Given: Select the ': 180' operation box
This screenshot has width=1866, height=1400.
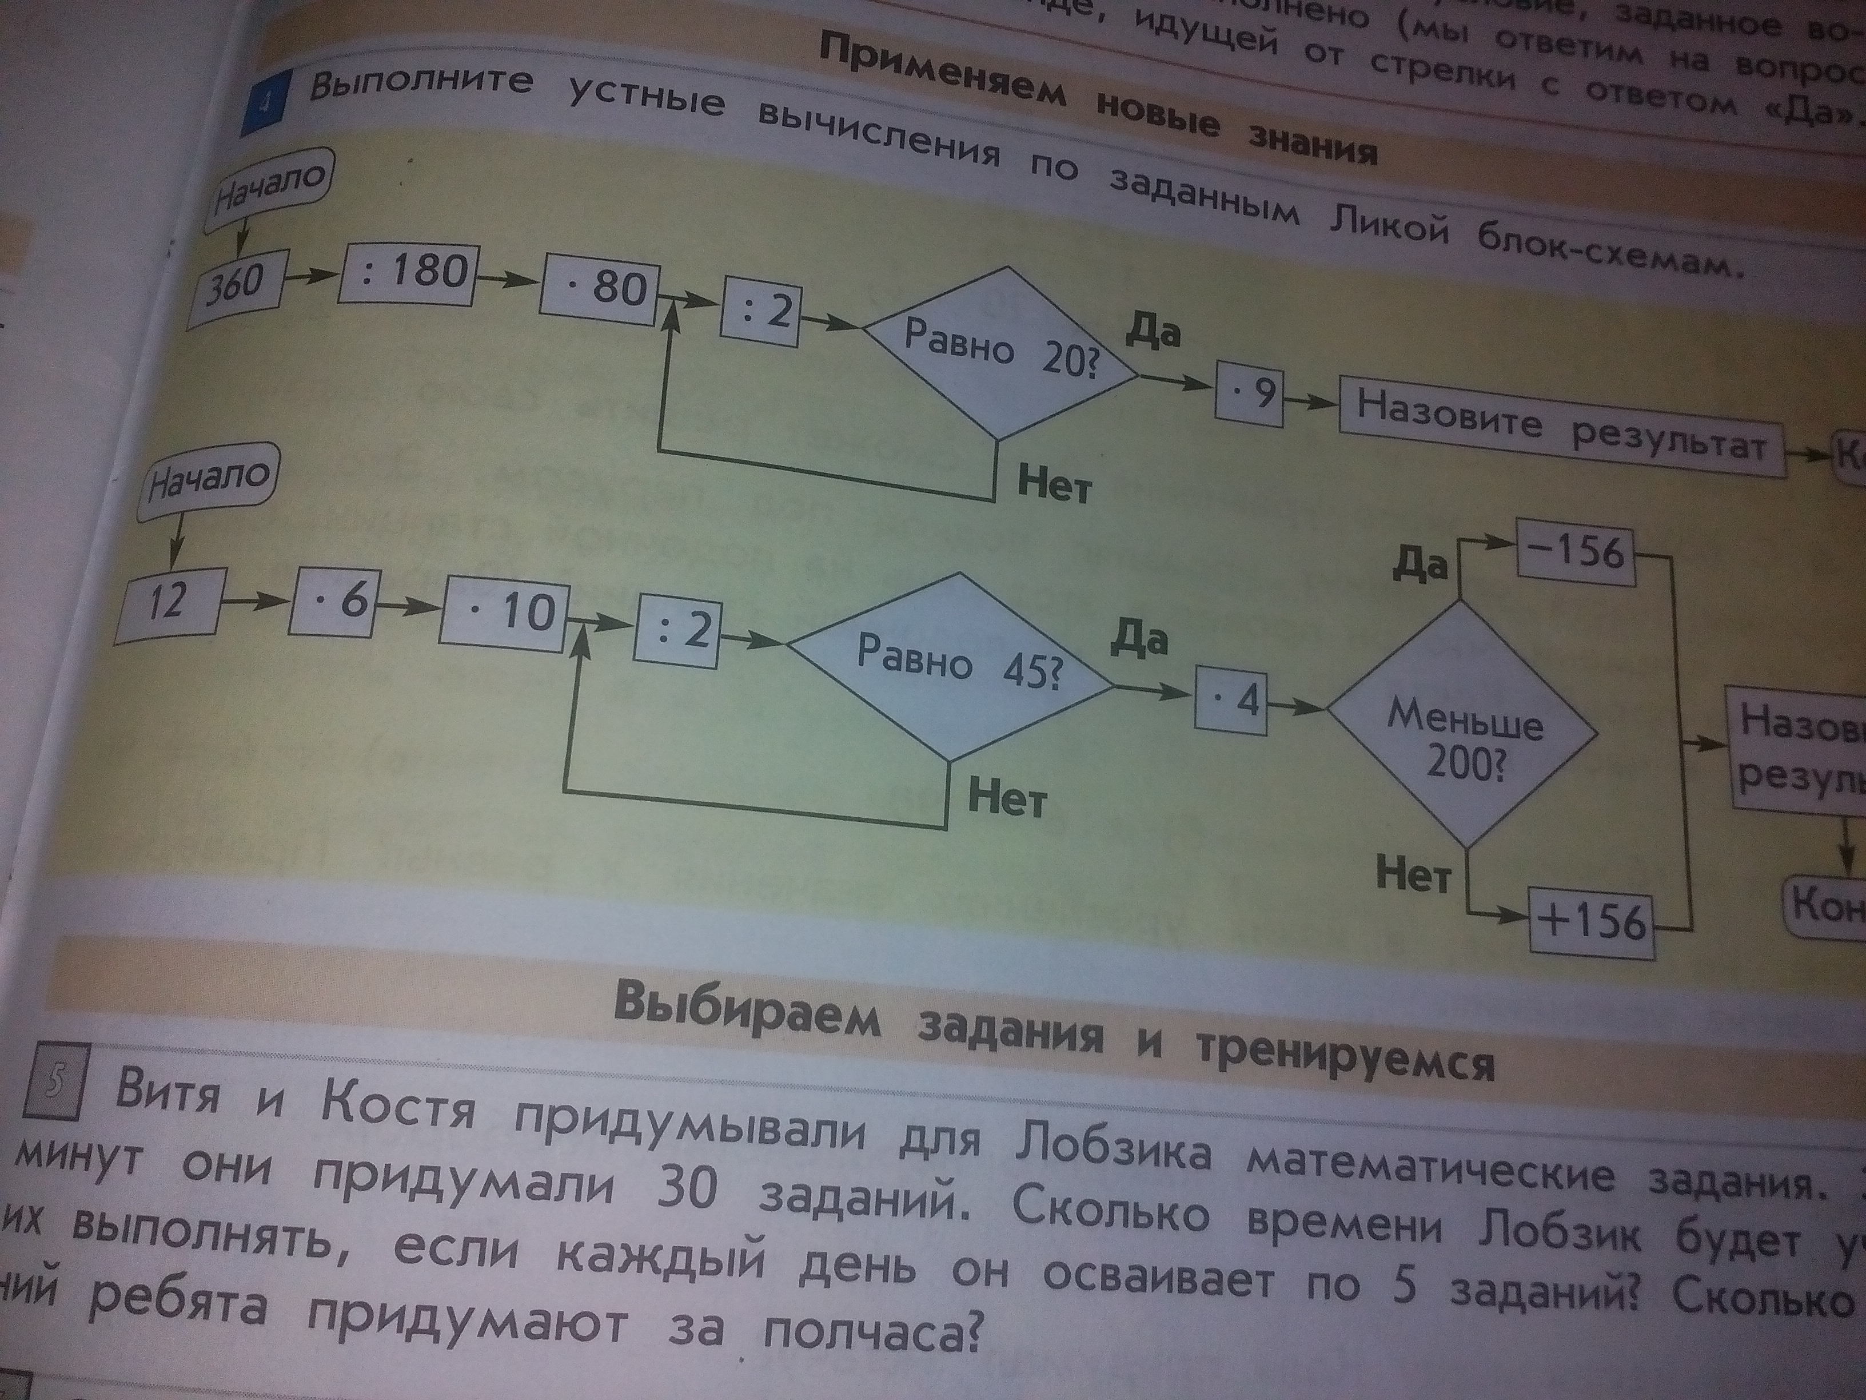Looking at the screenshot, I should tap(409, 273).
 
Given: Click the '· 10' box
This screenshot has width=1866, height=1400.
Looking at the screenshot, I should tap(504, 612).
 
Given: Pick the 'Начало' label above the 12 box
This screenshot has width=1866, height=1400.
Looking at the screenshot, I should tap(208, 487).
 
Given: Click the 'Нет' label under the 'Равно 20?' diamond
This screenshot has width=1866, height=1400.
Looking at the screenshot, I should tap(1054, 485).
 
